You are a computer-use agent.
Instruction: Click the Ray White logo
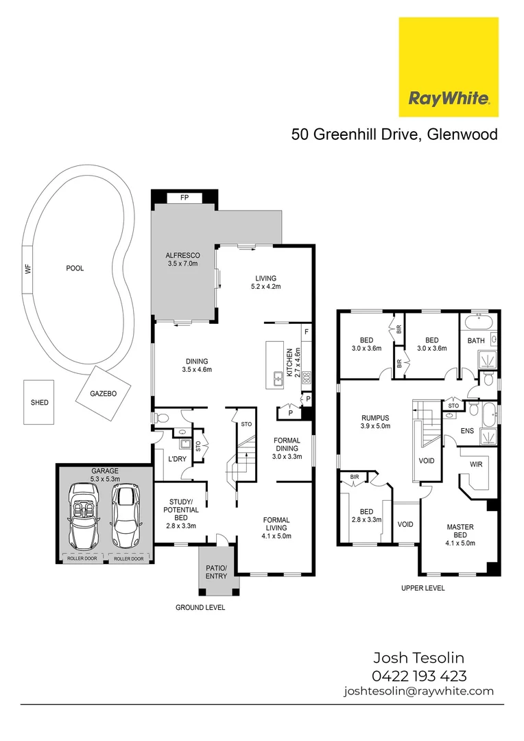pyautogui.click(x=449, y=67)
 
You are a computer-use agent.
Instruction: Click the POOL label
pyautogui.click(x=75, y=268)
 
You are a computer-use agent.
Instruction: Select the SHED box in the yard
pyautogui.click(x=40, y=403)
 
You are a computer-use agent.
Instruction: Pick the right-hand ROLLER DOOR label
pyautogui.click(x=128, y=558)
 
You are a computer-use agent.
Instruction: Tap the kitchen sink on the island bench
pyautogui.click(x=278, y=377)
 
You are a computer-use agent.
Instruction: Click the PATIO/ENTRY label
pyautogui.click(x=216, y=572)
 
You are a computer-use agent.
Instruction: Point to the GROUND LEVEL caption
pyautogui.click(x=200, y=607)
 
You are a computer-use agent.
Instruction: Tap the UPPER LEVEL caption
pyautogui.click(x=422, y=588)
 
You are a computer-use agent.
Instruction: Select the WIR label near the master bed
pyautogui.click(x=475, y=464)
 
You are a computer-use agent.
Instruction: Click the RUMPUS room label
pyautogui.click(x=376, y=421)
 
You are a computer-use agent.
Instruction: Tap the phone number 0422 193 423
pyautogui.click(x=419, y=675)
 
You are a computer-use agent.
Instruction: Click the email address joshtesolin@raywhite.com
pyautogui.click(x=418, y=692)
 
